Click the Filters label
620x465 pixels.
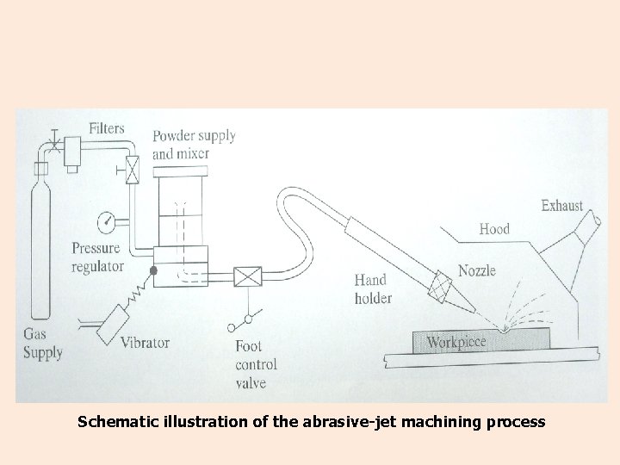pos(107,128)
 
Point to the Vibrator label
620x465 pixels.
pos(145,343)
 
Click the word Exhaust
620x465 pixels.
pos(561,206)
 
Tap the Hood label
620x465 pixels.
pos(494,229)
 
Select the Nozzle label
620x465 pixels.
pos(477,270)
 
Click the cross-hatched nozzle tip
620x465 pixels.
pos(444,287)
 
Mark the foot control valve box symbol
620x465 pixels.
pos(249,276)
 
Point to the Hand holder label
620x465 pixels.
pos(372,289)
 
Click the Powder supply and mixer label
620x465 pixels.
pos(193,145)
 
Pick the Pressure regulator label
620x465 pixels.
pos(97,257)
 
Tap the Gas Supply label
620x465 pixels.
pos(42,344)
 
